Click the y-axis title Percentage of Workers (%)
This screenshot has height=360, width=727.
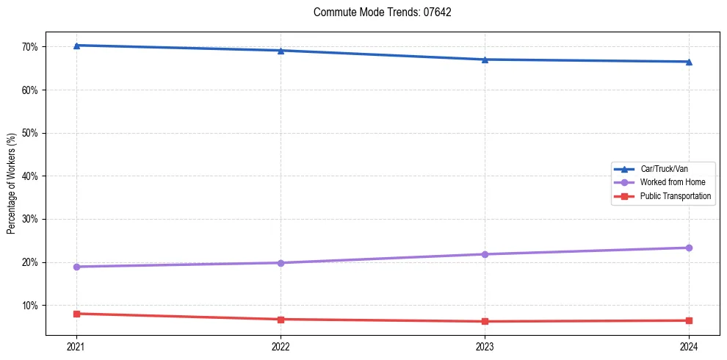coord(11,184)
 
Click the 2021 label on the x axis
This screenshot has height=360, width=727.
coord(76,347)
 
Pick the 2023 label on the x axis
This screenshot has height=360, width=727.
coord(485,347)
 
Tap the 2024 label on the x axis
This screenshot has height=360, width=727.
coord(689,347)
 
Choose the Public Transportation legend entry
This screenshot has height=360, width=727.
coord(675,196)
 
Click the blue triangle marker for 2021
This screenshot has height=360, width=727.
coord(76,46)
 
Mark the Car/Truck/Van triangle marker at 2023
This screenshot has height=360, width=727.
coord(485,60)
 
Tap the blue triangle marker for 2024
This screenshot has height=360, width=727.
coord(689,62)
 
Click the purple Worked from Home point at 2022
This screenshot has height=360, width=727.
coord(281,263)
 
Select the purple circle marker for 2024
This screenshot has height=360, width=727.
coord(689,248)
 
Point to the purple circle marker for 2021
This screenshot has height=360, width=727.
coord(76,267)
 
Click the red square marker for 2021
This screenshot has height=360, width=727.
coord(76,314)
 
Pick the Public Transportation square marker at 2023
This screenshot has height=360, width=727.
coord(485,321)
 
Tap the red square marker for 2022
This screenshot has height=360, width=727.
coord(281,319)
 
